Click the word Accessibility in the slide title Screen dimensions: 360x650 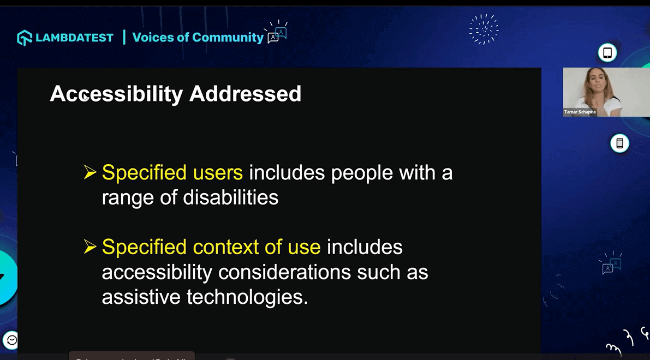[x=116, y=94]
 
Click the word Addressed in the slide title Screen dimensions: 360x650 [x=245, y=94]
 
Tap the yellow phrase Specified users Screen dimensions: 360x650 [x=172, y=173]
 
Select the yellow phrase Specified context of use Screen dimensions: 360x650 [x=211, y=247]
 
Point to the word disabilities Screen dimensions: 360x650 [x=231, y=197]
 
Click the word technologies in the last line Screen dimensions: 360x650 [x=247, y=297]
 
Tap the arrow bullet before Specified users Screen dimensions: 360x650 [x=90, y=173]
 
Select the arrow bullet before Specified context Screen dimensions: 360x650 [x=90, y=247]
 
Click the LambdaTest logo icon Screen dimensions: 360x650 [x=25, y=38]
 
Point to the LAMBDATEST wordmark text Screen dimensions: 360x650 [x=74, y=38]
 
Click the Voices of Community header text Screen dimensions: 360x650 [x=198, y=38]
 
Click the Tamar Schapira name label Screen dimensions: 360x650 [x=580, y=112]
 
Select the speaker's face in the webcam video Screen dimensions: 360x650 [x=594, y=81]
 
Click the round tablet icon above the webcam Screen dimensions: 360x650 [x=607, y=53]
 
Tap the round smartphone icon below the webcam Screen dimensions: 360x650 [x=619, y=143]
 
